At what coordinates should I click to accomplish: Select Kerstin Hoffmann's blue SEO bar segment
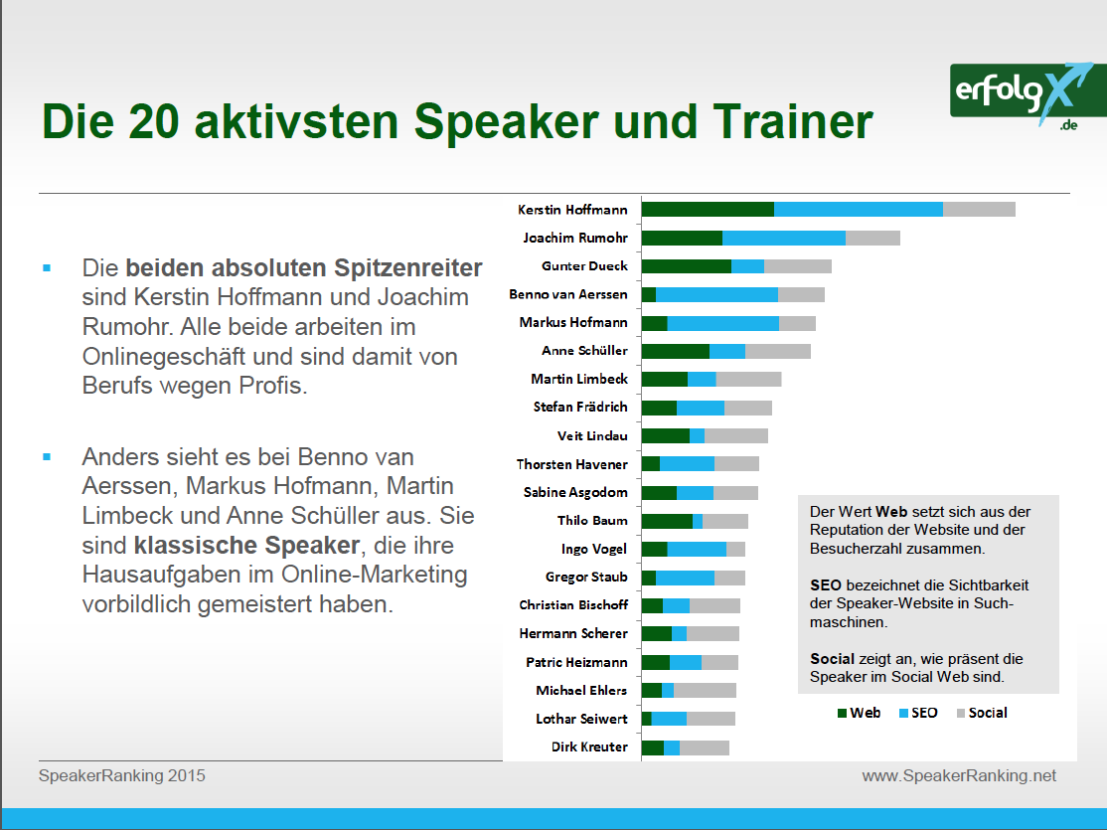858,209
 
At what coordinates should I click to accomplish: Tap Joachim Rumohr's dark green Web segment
682,238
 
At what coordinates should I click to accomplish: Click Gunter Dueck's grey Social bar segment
797,266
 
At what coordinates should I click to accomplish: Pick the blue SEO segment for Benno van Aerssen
716,294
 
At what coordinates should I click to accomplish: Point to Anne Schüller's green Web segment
676,351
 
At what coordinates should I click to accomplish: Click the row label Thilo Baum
592,520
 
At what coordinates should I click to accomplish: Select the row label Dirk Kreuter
589,747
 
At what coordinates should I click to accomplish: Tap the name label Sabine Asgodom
575,492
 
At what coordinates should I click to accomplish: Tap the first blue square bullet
47,268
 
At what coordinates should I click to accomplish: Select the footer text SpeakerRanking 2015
122,775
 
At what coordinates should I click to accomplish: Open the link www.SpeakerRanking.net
959,775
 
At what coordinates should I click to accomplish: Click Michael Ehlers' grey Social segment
705,690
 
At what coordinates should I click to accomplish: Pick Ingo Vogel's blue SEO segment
697,549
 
